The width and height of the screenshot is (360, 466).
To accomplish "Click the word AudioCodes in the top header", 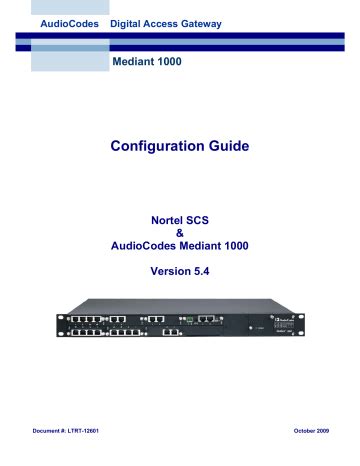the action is [70, 21].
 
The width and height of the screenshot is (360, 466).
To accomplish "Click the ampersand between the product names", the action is [180, 232].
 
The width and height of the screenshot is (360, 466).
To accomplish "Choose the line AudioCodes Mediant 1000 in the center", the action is [180, 247].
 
